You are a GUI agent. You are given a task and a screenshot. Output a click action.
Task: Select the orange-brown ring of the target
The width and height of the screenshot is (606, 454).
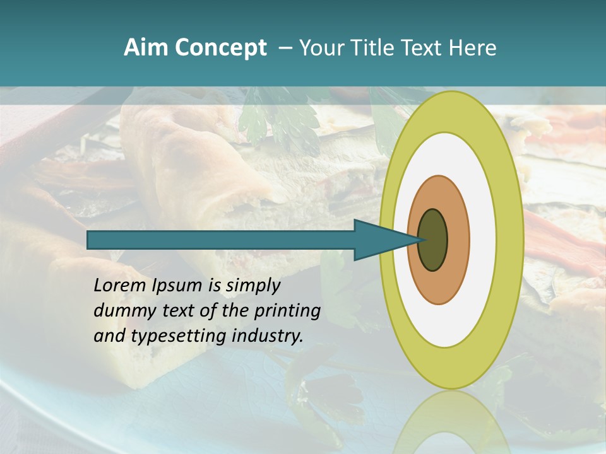click(458, 240)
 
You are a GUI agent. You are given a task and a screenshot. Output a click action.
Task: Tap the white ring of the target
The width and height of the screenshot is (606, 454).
click(483, 240)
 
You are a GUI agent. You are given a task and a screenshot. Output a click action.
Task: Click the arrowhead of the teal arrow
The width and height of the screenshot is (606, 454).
click(379, 240)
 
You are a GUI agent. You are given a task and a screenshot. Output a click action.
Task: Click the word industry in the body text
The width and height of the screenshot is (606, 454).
click(268, 336)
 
